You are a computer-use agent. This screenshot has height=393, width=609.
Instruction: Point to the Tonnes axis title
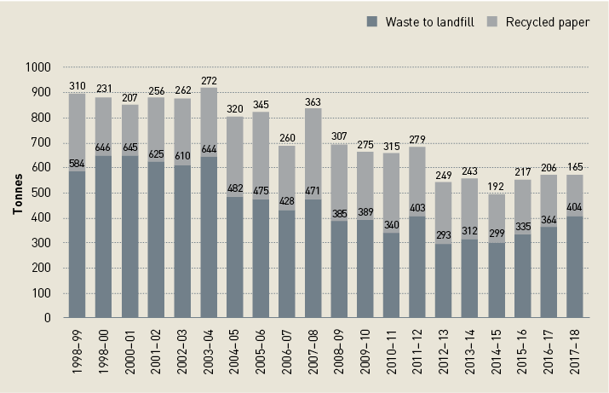coord(18,193)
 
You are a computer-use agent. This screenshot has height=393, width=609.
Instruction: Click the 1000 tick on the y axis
coord(38,67)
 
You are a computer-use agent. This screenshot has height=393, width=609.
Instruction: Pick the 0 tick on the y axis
coord(49,318)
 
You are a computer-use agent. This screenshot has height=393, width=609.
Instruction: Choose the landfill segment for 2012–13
coord(444,281)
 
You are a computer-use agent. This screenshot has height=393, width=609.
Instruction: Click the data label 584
coord(78,164)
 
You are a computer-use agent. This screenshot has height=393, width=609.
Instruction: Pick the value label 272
coord(208,81)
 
